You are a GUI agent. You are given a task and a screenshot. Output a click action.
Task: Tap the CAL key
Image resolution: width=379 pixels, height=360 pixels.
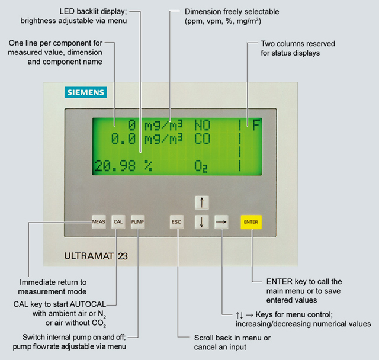tap(118, 222)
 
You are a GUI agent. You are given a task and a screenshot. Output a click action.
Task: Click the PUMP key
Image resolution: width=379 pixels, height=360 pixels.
tap(138, 222)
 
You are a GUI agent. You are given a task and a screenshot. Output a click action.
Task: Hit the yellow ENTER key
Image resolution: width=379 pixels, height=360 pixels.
tap(250, 222)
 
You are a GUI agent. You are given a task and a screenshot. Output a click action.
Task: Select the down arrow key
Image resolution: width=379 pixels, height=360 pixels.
tap(202, 222)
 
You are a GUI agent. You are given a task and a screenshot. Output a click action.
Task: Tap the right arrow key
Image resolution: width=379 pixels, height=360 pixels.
tap(221, 222)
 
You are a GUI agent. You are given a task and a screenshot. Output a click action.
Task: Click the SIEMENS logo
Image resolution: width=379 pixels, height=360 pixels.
tap(85, 92)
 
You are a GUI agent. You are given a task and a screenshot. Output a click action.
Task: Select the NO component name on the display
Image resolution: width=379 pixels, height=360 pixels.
tap(203, 125)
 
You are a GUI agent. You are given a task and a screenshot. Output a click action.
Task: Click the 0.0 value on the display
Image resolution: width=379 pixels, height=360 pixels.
tap(124, 139)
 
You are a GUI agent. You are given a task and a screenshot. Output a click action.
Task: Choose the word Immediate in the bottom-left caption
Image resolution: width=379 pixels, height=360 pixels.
tap(42, 282)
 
